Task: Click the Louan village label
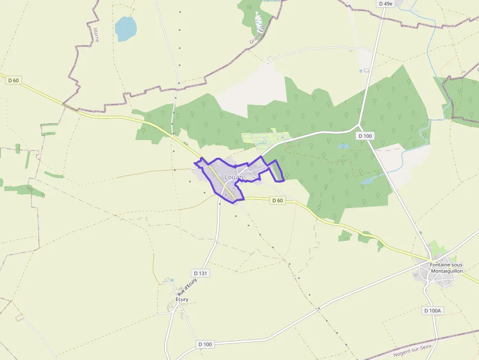point(233,177)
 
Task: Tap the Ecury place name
point(182,299)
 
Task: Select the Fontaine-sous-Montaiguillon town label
point(446,268)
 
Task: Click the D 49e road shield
point(386,3)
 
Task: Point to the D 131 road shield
point(200,273)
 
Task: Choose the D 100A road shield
point(432,311)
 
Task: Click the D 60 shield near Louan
point(277,200)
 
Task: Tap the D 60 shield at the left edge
point(13,80)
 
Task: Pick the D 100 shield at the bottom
point(206,344)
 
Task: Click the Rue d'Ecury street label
point(187,286)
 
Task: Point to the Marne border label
point(96,34)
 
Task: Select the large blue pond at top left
point(126,28)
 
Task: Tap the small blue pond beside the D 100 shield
point(344,146)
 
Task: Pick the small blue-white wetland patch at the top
point(258,21)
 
